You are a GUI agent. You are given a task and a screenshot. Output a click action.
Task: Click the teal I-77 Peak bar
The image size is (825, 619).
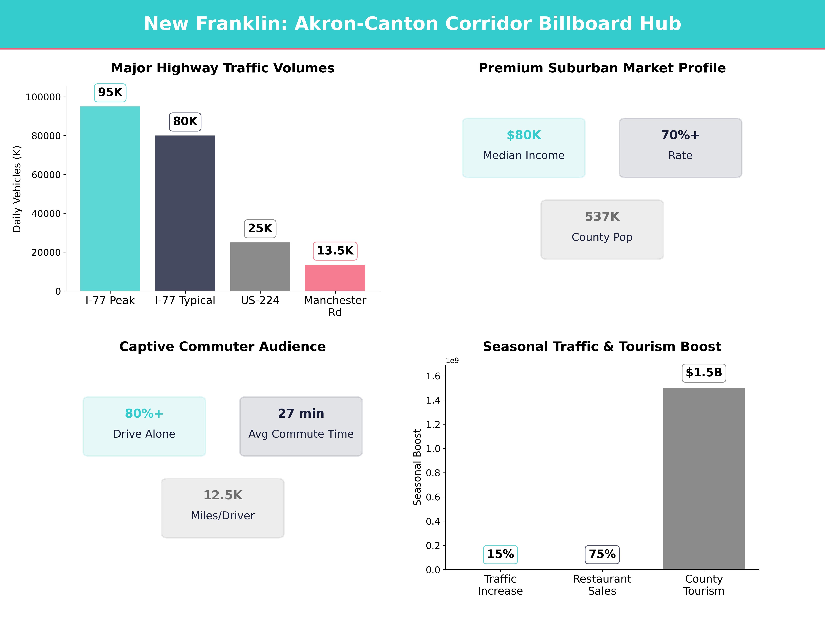pyautogui.click(x=110, y=198)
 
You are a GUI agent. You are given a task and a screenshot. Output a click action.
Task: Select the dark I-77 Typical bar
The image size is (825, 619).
pyautogui.click(x=185, y=213)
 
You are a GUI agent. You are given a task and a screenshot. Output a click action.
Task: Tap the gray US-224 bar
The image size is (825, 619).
pyautogui.click(x=260, y=266)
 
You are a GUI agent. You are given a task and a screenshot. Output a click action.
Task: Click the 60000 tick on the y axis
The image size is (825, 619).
pyautogui.click(x=46, y=175)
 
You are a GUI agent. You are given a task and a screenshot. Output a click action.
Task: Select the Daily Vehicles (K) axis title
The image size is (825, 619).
pyautogui.click(x=17, y=189)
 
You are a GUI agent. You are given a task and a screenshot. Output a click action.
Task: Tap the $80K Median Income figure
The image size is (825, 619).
pyautogui.click(x=524, y=135)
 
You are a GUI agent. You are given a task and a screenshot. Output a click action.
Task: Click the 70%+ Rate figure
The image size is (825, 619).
pyautogui.click(x=680, y=135)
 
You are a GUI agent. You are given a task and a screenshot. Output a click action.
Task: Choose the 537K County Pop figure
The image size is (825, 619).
pyautogui.click(x=602, y=217)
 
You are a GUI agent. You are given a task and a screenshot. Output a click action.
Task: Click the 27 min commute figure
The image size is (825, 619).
pyautogui.click(x=301, y=413)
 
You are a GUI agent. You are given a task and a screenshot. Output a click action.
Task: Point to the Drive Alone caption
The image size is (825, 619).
pyautogui.click(x=144, y=434)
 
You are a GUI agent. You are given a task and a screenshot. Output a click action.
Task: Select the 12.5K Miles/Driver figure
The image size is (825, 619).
pyautogui.click(x=223, y=495)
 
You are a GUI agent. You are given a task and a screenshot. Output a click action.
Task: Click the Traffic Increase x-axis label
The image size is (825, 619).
pyautogui.click(x=500, y=585)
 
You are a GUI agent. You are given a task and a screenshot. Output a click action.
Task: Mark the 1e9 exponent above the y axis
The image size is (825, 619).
pyautogui.click(x=452, y=360)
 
